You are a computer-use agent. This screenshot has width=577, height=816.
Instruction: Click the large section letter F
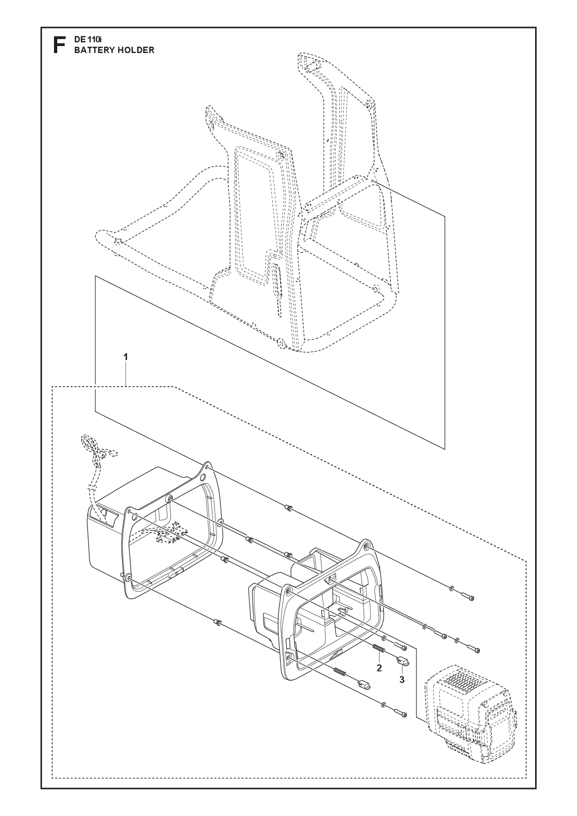[59, 45]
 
